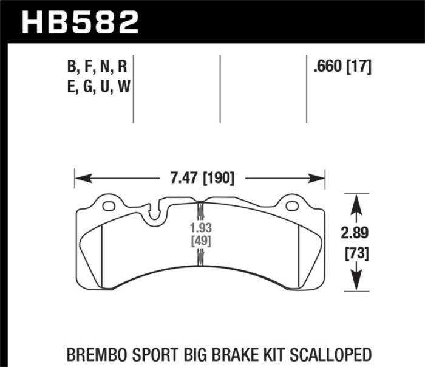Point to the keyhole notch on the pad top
click(x=154, y=213)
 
